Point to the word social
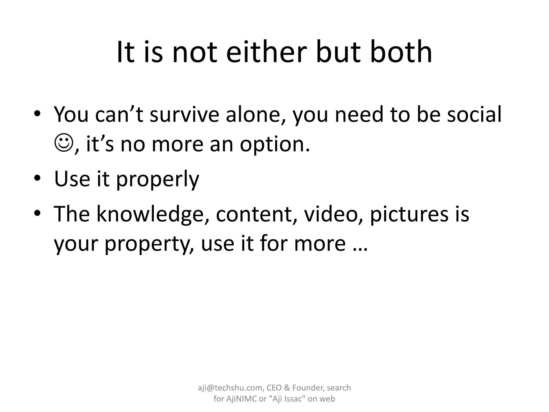474,115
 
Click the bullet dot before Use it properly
37,178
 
